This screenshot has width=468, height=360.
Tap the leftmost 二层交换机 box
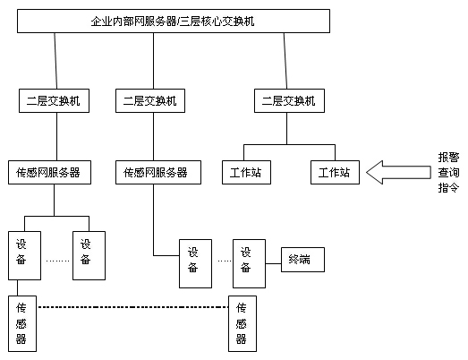pyautogui.click(x=54, y=101)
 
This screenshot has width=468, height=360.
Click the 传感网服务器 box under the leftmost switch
pyautogui.click(x=49, y=172)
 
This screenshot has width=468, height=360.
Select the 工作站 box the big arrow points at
pyautogui.click(x=334, y=172)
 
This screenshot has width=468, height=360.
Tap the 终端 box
pyautogui.click(x=300, y=261)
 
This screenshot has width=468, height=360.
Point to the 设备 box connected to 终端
pyautogui.click(x=248, y=261)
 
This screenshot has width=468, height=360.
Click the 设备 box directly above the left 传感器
pyautogui.click(x=21, y=255)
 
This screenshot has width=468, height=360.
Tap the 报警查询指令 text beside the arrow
pyautogui.click(x=447, y=172)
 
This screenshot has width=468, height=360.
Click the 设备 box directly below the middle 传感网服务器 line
pyautogui.click(x=192, y=262)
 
